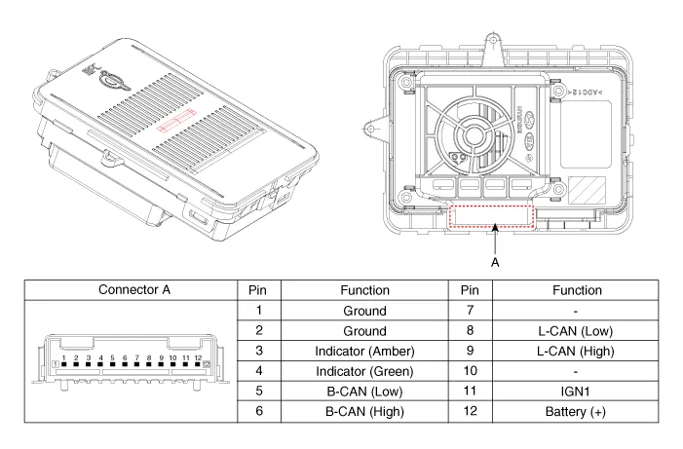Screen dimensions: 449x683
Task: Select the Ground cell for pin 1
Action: click(364, 311)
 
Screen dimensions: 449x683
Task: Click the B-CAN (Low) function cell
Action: click(364, 392)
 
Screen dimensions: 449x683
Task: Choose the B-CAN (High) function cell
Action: click(364, 412)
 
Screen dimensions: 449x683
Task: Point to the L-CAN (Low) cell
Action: click(577, 331)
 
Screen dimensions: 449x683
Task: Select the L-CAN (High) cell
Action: click(577, 351)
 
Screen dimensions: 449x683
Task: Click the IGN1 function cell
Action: click(577, 392)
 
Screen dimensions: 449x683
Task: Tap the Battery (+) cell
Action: click(577, 412)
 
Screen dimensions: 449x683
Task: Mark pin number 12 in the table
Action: click(470, 412)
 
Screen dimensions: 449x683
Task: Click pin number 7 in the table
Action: click(470, 311)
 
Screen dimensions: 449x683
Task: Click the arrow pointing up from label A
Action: click(496, 240)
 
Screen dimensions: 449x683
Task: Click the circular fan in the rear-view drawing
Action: click(473, 136)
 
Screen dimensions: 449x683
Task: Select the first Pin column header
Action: click(258, 290)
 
